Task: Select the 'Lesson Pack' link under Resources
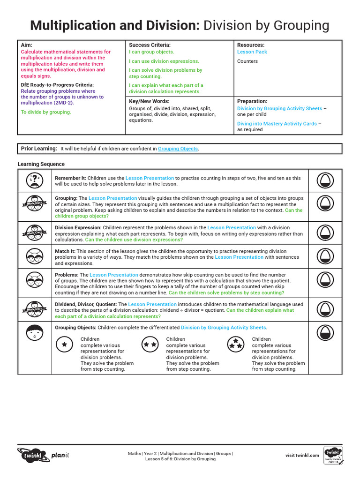point(252,52)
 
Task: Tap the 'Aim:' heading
point(27,45)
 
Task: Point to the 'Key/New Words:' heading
point(149,101)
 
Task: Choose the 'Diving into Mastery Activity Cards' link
point(277,124)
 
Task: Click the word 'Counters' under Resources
point(247,61)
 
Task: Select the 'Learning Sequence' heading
point(41,165)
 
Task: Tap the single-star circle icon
point(65,345)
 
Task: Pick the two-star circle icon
point(150,345)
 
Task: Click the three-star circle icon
point(235,345)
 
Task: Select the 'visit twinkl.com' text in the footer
point(302,455)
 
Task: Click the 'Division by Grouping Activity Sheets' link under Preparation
point(279,109)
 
